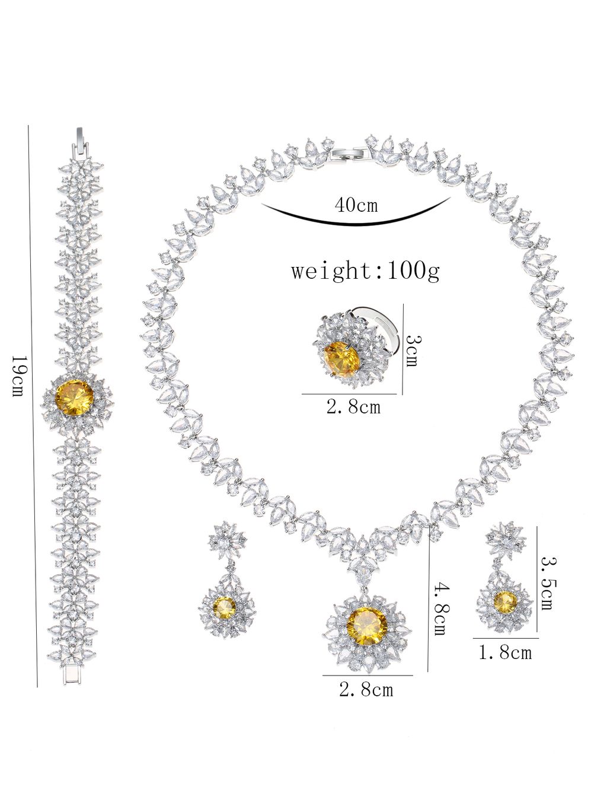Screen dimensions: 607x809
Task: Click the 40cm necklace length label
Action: pyautogui.click(x=356, y=205)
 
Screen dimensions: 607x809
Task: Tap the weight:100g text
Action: pyautogui.click(x=365, y=271)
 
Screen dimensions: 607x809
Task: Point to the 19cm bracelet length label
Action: pyautogui.click(x=18, y=376)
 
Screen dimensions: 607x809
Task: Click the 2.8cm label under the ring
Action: pyautogui.click(x=354, y=407)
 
